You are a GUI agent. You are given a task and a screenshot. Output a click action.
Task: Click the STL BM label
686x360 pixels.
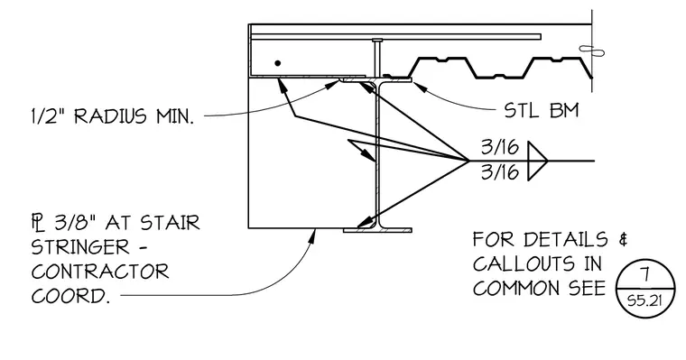click(542, 110)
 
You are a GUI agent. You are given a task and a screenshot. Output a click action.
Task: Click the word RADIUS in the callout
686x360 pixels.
click(110, 116)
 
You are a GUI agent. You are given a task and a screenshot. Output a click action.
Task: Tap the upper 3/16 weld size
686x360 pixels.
click(500, 147)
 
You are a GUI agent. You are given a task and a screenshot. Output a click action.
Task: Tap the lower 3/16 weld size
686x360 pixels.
click(500, 172)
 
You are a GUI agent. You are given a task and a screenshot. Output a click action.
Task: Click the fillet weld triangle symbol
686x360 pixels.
click(537, 161)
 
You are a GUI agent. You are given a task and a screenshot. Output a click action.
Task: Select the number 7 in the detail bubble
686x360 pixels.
click(644, 274)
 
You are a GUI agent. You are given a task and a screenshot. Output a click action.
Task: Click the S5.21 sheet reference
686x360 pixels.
click(644, 301)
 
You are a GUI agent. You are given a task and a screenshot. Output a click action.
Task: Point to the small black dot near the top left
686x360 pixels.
click(277, 63)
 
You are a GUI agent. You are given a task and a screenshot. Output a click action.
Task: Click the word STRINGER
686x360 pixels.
click(81, 247)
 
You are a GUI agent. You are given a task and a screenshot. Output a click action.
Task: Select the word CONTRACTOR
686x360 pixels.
click(100, 272)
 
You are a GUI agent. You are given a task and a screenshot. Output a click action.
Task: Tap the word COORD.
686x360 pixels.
click(70, 296)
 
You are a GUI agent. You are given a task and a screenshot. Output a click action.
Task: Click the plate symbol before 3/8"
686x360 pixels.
click(39, 222)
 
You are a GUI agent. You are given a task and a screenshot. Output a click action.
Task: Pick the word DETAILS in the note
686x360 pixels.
click(566, 239)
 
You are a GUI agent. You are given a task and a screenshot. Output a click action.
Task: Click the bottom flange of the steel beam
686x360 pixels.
click(377, 230)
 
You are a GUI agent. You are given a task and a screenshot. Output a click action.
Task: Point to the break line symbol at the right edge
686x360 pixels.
click(592, 51)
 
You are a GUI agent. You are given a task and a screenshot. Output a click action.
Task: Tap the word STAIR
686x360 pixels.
click(171, 223)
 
